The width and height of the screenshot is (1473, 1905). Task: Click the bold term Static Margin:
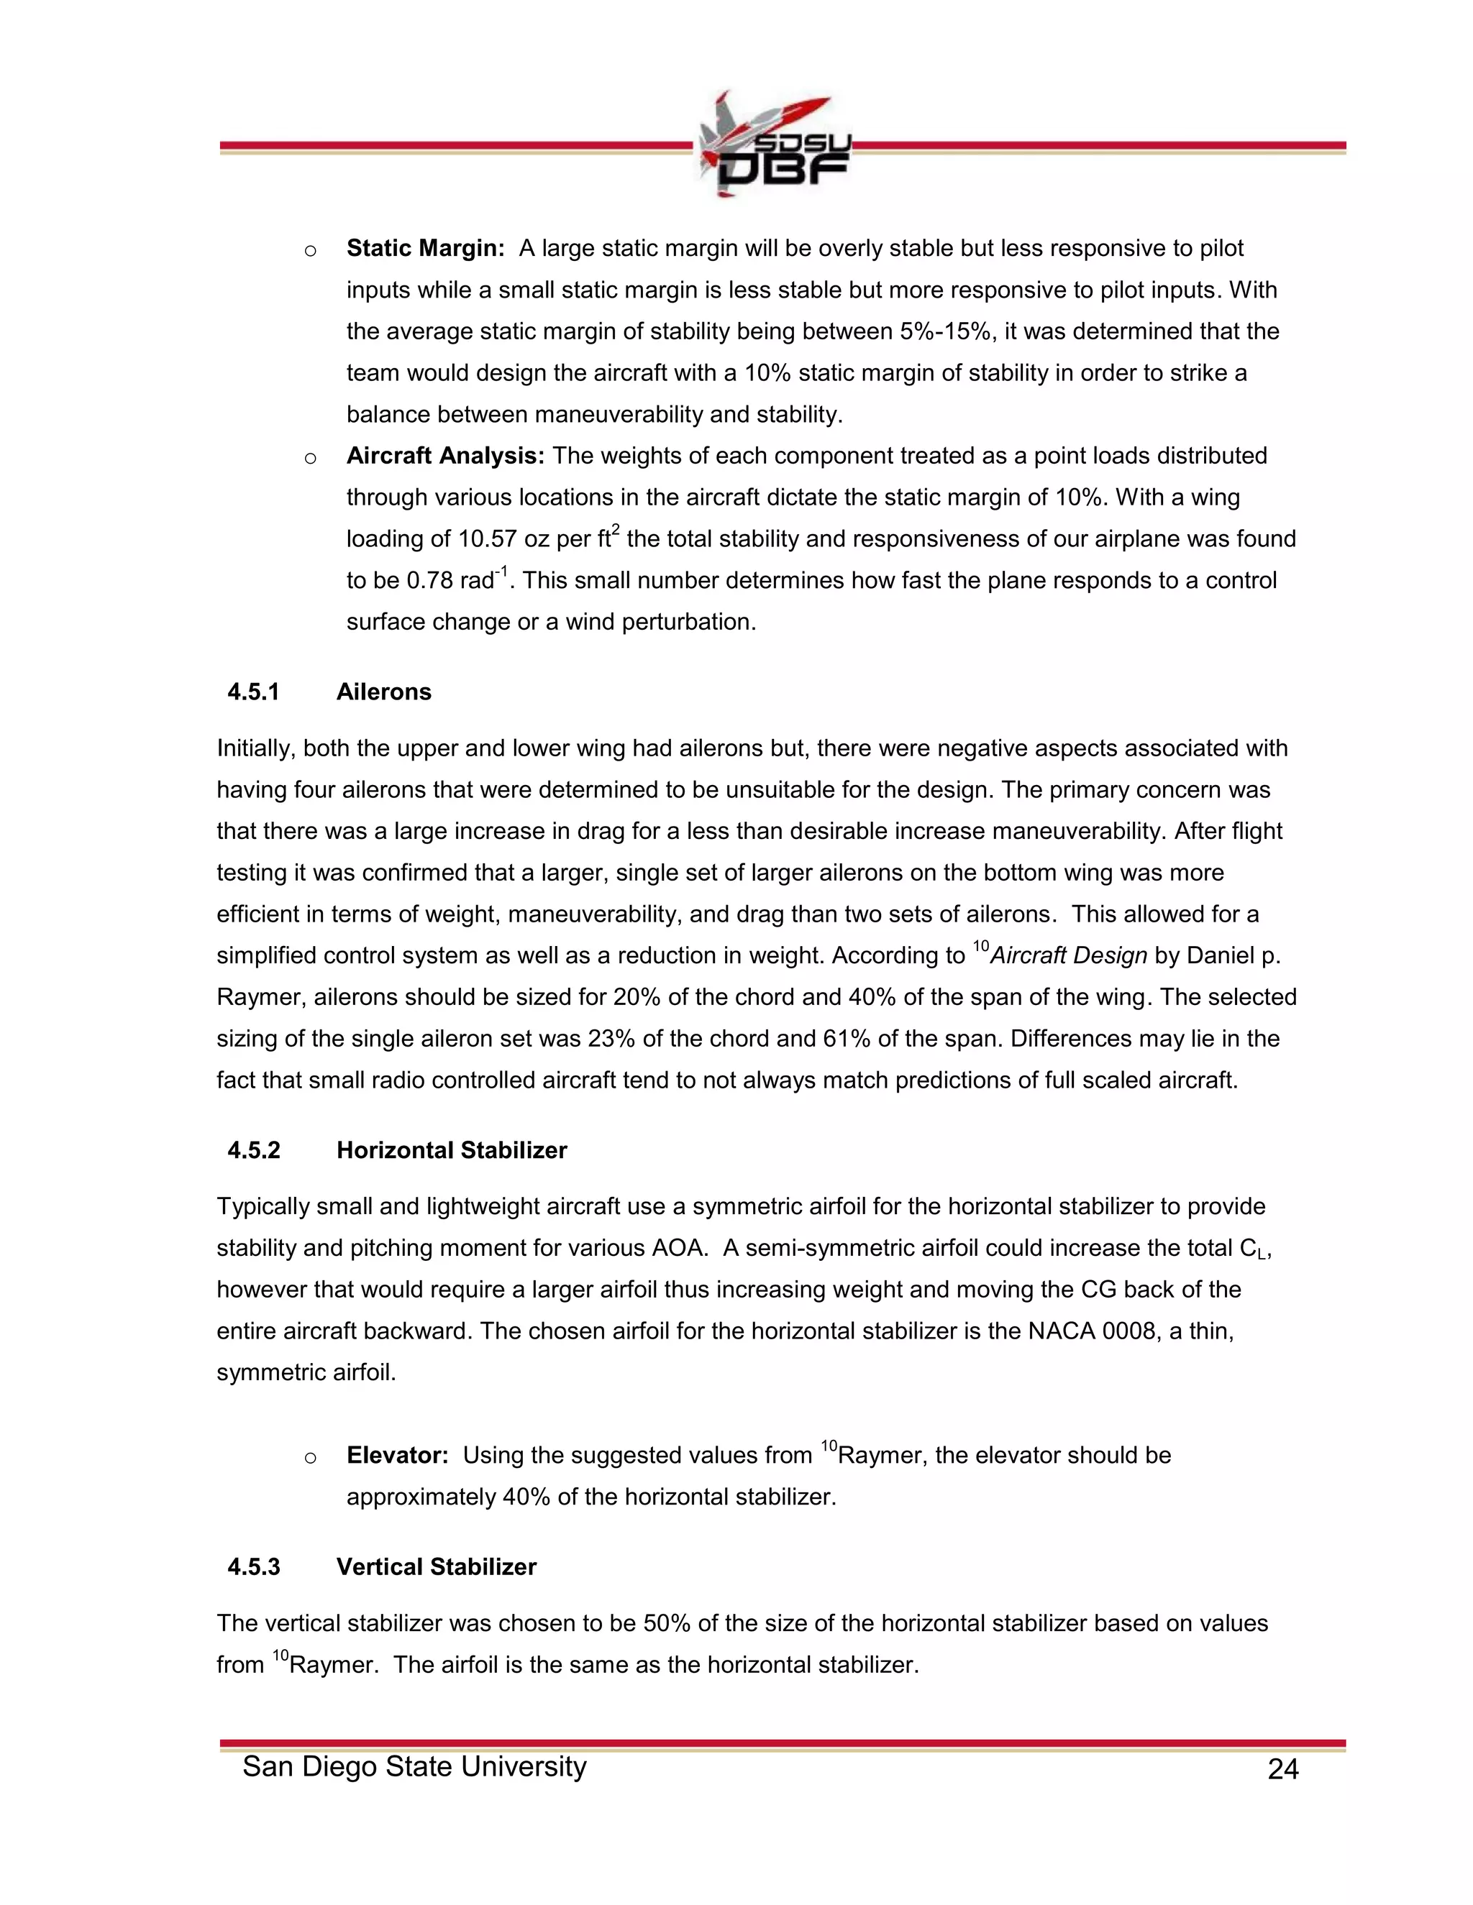pyautogui.click(x=425, y=249)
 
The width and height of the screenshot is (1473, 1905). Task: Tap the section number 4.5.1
pyautogui.click(x=253, y=692)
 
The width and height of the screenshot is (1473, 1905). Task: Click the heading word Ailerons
pyautogui.click(x=384, y=692)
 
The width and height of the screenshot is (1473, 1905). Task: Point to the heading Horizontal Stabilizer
pyautogui.click(x=451, y=1150)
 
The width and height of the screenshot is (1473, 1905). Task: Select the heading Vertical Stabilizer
pyautogui.click(x=437, y=1567)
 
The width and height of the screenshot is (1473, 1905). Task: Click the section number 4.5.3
pyautogui.click(x=253, y=1567)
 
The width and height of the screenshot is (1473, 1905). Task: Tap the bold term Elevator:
pyautogui.click(x=397, y=1456)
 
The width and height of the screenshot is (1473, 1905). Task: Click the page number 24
pyautogui.click(x=1283, y=1769)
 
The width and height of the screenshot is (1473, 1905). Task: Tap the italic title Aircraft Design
pyautogui.click(x=1068, y=956)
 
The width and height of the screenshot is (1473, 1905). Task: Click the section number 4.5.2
pyautogui.click(x=253, y=1150)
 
